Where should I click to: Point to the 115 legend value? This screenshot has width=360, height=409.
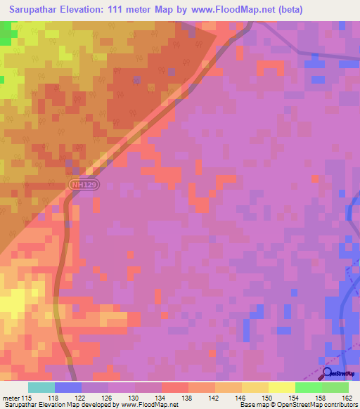28,398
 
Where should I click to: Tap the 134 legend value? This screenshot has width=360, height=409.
162,398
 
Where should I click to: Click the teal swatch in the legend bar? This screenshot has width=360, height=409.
41,387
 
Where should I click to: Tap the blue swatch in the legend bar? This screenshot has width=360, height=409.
68,387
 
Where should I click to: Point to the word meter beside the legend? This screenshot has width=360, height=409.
10,398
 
